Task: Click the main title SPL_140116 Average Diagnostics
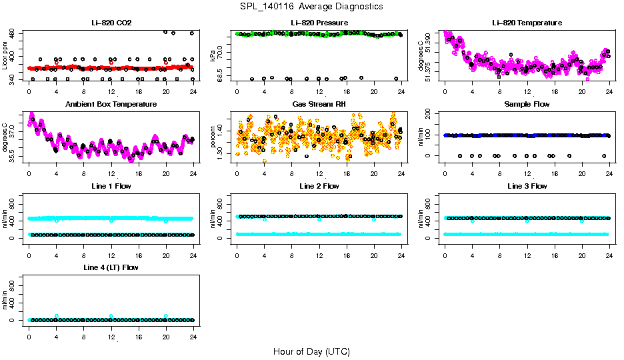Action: pos(311,7)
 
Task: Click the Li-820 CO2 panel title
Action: pos(111,23)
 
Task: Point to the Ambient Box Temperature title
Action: pos(111,105)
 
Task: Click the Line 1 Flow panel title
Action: pos(111,186)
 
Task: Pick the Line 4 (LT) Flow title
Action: pos(111,267)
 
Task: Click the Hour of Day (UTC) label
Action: pos(311,351)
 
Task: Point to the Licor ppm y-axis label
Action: pos(5,56)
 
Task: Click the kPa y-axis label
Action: pos(213,56)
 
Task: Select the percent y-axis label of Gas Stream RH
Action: pos(213,137)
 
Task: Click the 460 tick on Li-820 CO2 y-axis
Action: pos(15,32)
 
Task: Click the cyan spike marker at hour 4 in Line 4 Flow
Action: pos(57,316)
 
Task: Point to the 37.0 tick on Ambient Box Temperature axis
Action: pos(15,133)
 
